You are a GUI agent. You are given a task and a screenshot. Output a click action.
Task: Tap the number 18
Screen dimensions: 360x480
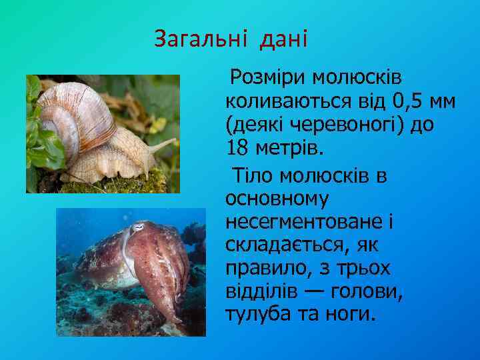(x=238, y=147)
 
